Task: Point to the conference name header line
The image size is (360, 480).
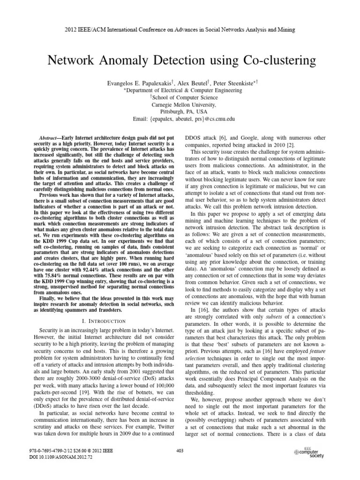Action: point(180,29)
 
